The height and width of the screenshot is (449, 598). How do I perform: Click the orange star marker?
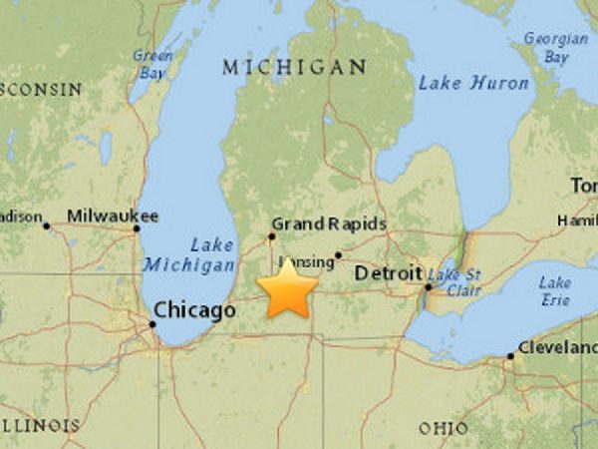coord(288,288)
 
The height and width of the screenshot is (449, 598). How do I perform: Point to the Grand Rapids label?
coord(329,224)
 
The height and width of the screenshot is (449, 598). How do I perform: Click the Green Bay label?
coord(153,63)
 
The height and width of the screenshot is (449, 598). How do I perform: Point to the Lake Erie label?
coord(554,291)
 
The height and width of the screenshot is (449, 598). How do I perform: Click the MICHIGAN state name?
coord(294,67)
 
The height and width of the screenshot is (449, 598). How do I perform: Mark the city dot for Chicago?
coord(152,322)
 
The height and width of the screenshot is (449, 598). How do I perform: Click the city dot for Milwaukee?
coord(137,228)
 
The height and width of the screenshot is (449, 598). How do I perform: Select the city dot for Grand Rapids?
coord(271,236)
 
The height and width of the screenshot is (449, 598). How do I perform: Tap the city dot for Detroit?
coord(427,287)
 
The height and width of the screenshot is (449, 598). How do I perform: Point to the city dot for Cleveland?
coord(510,355)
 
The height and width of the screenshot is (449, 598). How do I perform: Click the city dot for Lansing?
coord(338,254)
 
